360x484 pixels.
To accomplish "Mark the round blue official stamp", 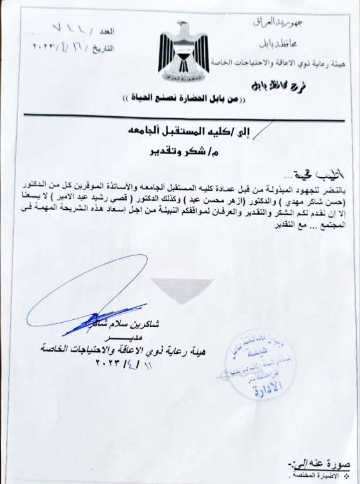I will pyautogui.click(x=260, y=365).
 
